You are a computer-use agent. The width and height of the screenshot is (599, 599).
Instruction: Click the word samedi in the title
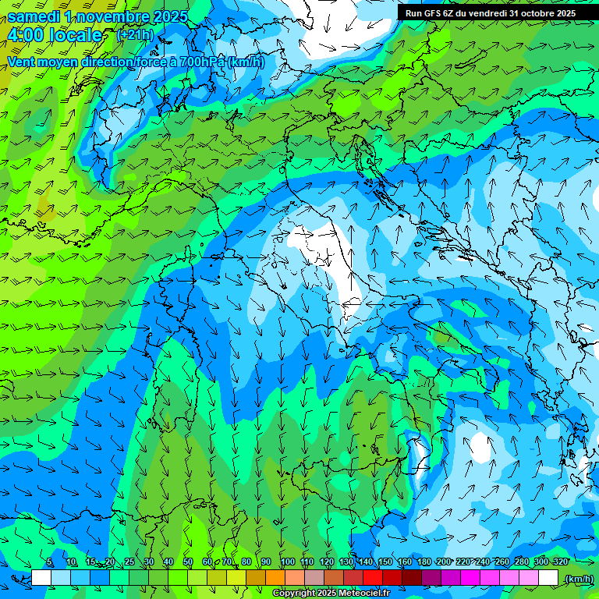(x=35, y=16)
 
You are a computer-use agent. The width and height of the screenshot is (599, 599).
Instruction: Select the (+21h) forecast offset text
(x=135, y=34)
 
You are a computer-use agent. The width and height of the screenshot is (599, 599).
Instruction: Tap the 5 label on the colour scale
(x=49, y=562)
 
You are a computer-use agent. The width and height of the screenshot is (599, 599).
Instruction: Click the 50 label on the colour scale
(x=188, y=562)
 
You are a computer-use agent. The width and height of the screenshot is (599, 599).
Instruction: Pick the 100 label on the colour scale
(x=287, y=562)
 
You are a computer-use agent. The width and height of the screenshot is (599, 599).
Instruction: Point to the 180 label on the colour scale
(x=424, y=562)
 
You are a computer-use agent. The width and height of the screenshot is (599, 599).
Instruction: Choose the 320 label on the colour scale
(x=560, y=562)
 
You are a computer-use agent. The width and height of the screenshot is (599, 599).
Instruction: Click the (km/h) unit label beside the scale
(x=578, y=579)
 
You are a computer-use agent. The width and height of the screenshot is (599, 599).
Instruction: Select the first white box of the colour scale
(x=41, y=578)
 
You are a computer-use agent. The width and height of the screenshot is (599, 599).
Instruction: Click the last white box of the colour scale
(x=548, y=578)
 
